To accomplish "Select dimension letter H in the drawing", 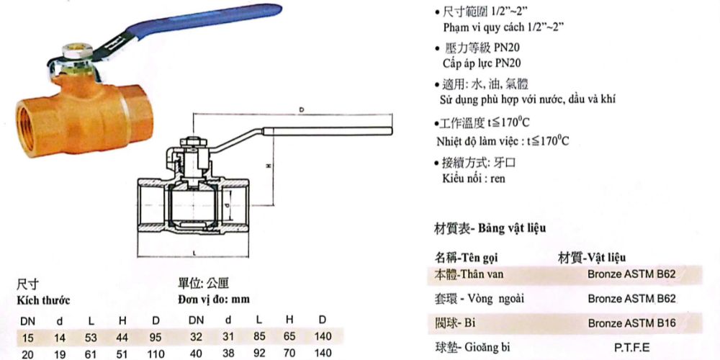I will coord(268,166).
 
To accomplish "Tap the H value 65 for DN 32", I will coord(289,336).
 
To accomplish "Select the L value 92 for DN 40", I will coord(258,354).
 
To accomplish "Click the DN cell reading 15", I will coord(27,336).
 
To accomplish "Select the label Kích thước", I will coord(41,298).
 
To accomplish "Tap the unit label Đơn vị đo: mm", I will coord(214,298).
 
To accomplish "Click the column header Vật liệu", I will coord(605,257).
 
